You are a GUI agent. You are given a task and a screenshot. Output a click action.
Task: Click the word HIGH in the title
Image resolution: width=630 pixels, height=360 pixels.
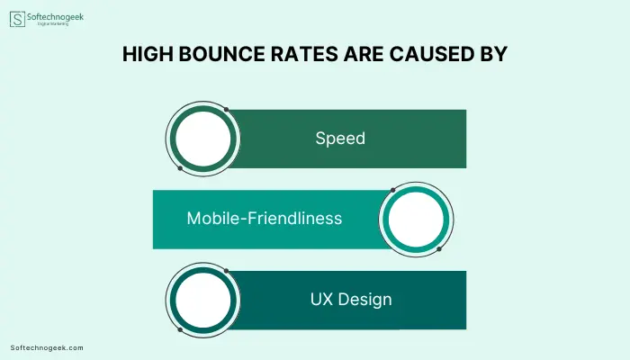click(148, 54)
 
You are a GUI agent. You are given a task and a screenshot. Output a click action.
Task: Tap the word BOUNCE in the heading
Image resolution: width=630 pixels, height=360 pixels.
click(221, 54)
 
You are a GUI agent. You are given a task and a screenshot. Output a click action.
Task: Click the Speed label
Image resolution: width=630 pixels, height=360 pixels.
click(340, 139)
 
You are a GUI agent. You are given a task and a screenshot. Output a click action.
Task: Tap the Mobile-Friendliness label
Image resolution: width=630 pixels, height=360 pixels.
click(265, 218)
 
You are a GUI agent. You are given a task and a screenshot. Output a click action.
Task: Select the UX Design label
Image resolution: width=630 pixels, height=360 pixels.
click(351, 300)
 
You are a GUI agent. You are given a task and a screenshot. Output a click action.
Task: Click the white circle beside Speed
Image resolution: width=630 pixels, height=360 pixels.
click(202, 139)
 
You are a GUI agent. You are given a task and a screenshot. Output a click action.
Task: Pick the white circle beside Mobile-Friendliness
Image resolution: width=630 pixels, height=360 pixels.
click(416, 220)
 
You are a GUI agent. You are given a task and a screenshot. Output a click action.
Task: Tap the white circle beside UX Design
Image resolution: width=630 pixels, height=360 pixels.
click(202, 300)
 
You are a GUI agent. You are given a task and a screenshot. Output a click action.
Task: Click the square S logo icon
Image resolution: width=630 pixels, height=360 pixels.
click(17, 19)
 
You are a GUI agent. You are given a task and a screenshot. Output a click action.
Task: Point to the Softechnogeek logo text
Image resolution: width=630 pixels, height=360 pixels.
click(56, 17)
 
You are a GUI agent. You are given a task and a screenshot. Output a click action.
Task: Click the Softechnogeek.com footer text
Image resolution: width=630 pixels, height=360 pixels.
click(47, 348)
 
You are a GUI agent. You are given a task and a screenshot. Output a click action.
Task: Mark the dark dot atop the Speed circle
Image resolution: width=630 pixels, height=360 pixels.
click(226, 109)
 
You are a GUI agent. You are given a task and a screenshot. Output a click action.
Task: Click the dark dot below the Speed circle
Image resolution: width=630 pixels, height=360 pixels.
click(180, 168)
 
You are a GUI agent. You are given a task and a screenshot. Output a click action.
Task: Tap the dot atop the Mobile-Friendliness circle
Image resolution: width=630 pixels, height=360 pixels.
click(393, 190)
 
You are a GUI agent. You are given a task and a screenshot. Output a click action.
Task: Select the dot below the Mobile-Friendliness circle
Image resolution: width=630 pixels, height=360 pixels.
click(439, 249)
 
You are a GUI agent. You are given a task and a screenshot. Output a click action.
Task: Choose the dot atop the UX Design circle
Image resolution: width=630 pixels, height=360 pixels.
click(226, 271)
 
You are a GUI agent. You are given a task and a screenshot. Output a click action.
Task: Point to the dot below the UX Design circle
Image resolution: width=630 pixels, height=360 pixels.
click(180, 330)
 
